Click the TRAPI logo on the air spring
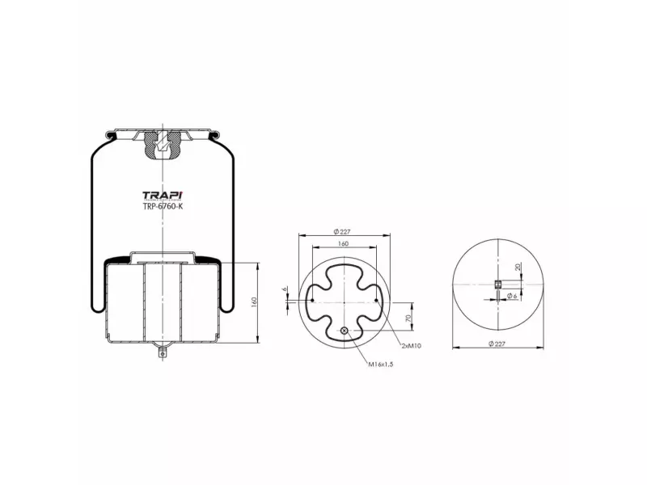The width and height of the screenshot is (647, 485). click(163, 196)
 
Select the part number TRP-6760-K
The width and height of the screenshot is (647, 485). click(163, 206)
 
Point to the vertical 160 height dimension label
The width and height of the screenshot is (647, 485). click(254, 302)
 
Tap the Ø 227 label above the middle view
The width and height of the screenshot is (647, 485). click(342, 232)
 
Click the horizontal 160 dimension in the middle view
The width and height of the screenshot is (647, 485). click(343, 243)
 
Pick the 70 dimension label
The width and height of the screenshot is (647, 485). click(408, 318)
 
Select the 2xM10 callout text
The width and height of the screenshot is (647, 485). click(411, 346)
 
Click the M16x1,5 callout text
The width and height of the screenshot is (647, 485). click(381, 365)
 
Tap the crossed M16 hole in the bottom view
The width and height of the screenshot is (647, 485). click(345, 331)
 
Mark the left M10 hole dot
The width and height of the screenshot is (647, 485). click(312, 300)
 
